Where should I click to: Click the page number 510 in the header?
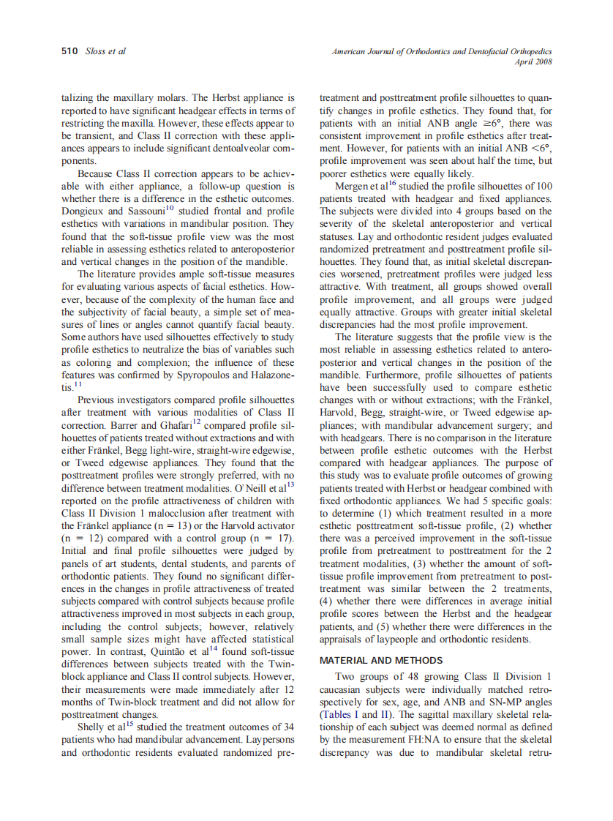[x=70, y=51]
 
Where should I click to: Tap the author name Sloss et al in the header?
[x=106, y=51]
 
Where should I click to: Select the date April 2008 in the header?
[x=534, y=62]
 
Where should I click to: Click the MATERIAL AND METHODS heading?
[x=381, y=660]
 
